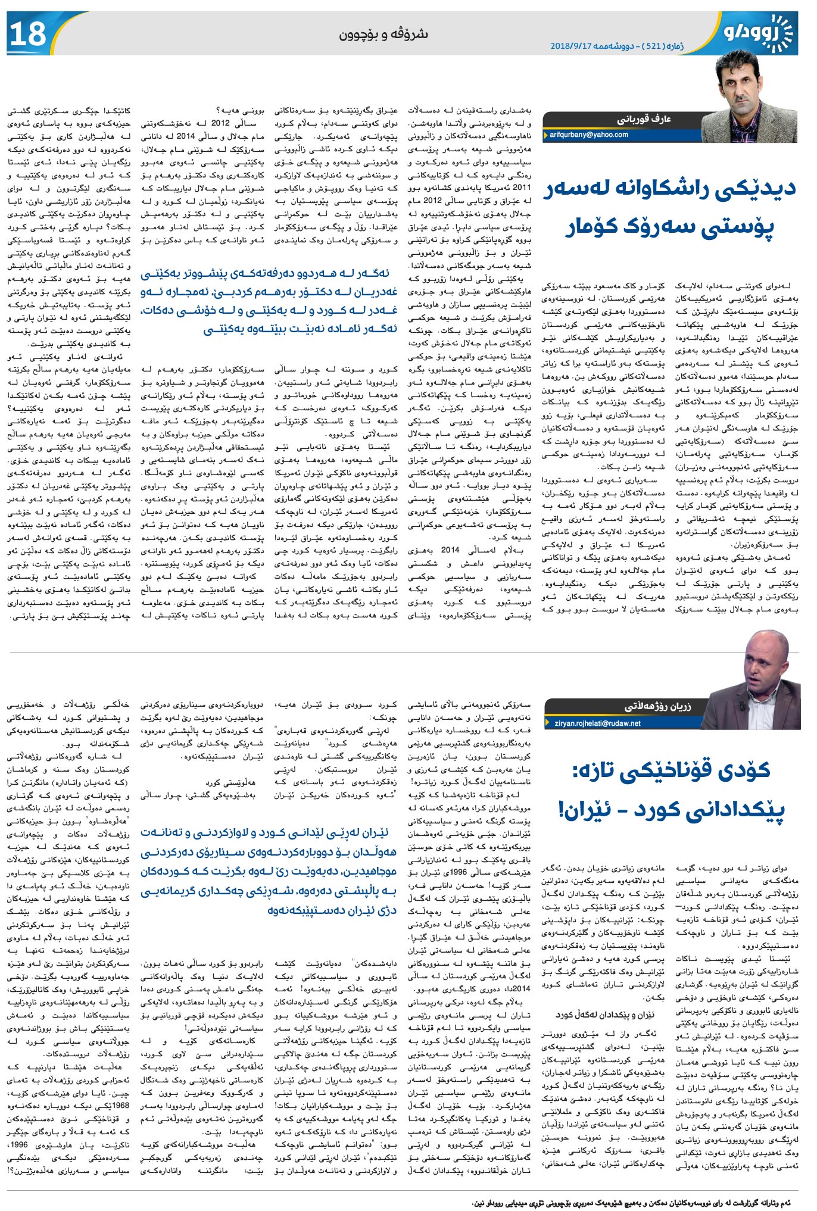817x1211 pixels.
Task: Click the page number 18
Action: (x=27, y=34)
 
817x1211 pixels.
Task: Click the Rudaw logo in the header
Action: (x=759, y=33)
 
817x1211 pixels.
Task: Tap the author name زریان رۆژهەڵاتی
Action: (x=657, y=707)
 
